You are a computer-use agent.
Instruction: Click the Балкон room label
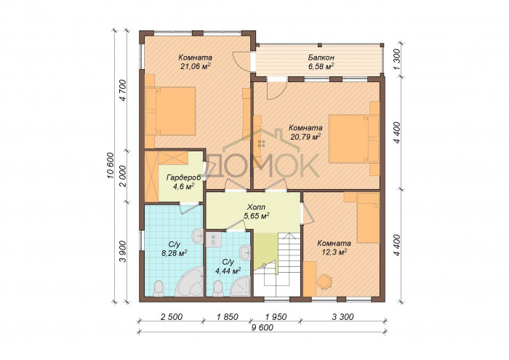321,57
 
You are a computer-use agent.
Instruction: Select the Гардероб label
184,177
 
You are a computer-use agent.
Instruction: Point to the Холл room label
256,207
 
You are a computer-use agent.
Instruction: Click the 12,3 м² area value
334,252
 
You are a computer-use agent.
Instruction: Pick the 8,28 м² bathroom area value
175,253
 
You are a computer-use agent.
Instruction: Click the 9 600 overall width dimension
262,328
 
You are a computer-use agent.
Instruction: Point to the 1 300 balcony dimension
400,60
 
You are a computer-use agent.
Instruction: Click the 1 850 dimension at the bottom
227,316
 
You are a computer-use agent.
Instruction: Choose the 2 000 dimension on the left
124,176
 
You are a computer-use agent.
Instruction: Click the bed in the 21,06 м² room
170,111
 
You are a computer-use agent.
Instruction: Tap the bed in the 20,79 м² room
354,139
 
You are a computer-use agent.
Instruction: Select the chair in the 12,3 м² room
325,281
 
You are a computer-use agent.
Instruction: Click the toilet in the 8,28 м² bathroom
159,289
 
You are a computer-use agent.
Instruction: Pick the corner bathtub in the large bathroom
190,281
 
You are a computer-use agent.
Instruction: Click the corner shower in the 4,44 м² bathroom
241,287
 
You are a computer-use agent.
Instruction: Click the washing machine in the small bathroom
213,239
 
